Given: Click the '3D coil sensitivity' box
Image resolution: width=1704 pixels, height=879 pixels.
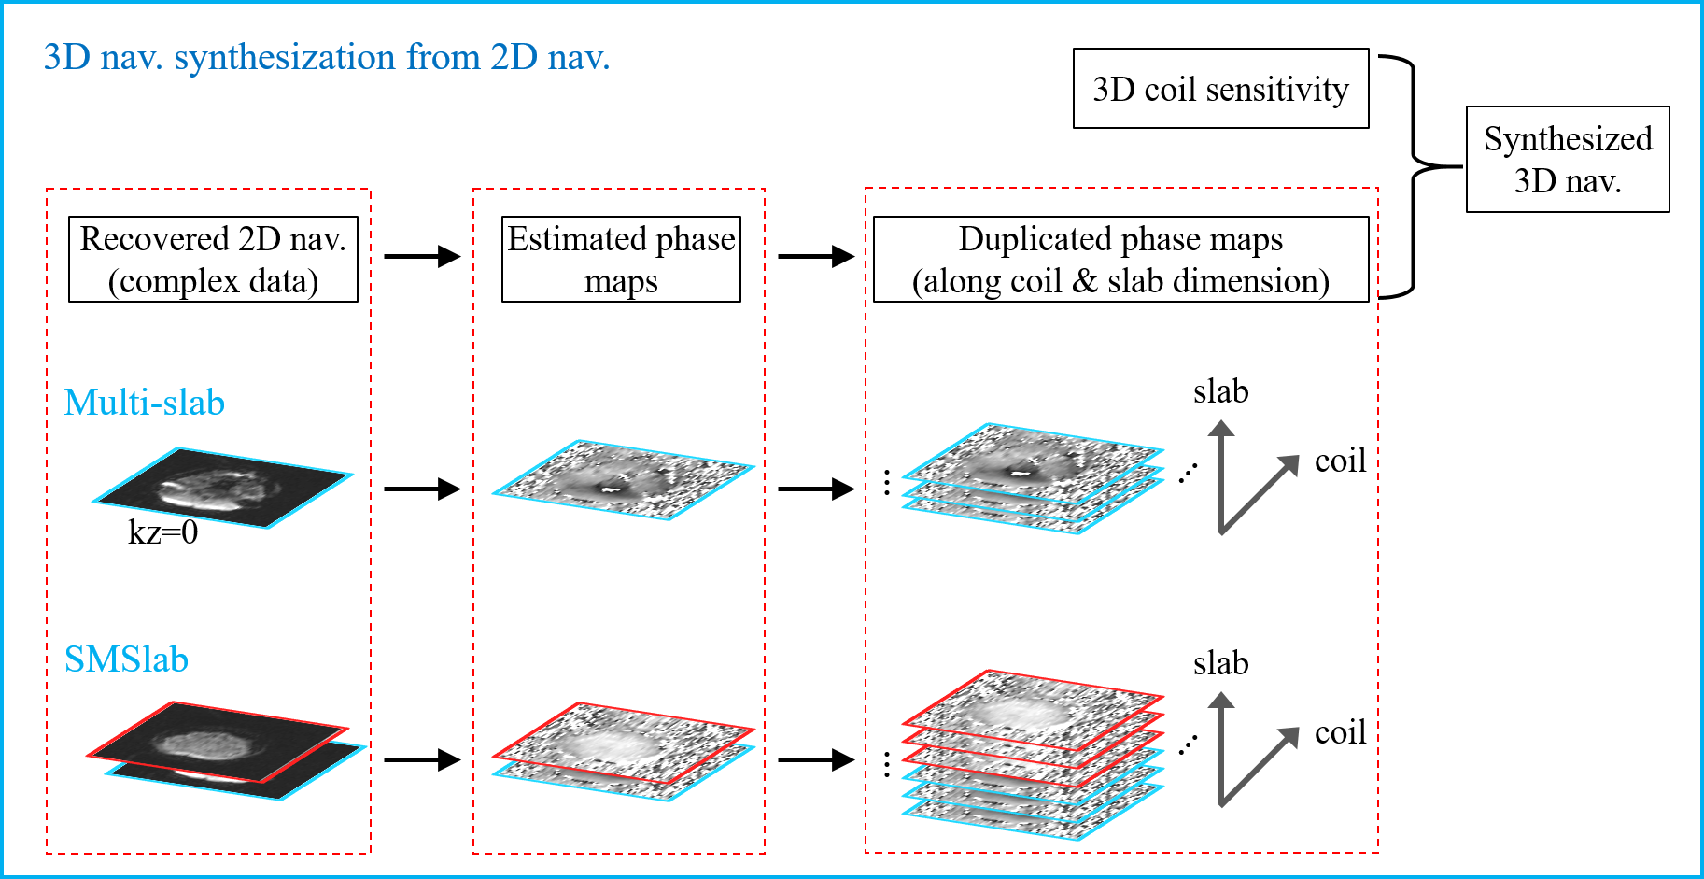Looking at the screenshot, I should point(1220,89).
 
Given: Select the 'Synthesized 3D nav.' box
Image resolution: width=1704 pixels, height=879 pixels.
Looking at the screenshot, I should point(1568,160).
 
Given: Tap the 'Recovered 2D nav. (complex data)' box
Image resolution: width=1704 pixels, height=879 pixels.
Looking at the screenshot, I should point(213,260).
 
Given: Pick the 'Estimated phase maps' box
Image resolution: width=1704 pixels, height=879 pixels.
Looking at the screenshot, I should point(621,260).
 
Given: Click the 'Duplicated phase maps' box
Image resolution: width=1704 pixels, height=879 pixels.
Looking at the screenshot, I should point(1120,260).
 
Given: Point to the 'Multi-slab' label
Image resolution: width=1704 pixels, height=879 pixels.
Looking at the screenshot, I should point(145,403).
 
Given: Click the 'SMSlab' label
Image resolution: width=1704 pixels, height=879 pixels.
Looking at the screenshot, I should point(126,659).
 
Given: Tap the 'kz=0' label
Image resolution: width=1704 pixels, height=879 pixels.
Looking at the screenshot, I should point(163,532).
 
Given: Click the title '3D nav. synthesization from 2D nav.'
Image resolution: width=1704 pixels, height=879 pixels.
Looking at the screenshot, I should point(327,58).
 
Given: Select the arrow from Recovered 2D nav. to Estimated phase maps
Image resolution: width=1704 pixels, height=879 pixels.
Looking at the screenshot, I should point(422,256).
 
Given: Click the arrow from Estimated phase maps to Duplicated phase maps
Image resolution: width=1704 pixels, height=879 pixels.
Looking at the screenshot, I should point(816,256).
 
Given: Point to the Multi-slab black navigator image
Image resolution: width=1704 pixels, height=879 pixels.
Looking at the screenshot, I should point(222,488).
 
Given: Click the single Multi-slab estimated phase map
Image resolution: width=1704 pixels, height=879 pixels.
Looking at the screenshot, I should point(623,479).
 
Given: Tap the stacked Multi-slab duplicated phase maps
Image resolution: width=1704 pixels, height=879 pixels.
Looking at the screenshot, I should point(1033,478).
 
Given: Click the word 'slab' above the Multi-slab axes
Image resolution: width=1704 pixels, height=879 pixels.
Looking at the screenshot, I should point(1220,391).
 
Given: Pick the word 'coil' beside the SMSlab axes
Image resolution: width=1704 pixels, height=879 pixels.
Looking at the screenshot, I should point(1340,732).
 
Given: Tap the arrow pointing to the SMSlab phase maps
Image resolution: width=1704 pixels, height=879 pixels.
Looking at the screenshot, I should point(422,759).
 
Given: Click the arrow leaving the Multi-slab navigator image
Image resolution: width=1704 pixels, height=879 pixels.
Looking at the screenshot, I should point(422,488).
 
